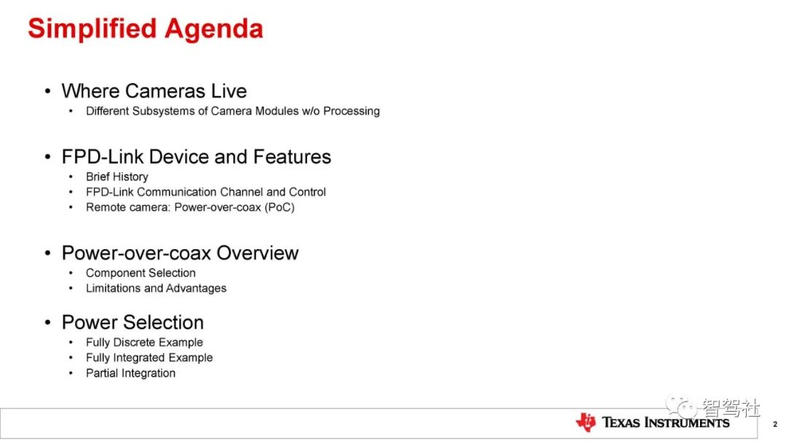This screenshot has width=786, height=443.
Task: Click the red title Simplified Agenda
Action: coord(146,29)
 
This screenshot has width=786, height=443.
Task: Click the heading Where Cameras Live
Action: coord(154,91)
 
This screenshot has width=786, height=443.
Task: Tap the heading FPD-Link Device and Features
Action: coord(196,157)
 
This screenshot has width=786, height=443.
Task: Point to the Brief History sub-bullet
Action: coord(116,176)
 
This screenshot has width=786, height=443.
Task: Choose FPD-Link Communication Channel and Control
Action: coord(205,192)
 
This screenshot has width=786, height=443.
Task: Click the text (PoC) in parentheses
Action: coord(279,207)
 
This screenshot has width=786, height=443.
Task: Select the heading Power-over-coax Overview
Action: coord(180,253)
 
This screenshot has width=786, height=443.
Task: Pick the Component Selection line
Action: coord(140,273)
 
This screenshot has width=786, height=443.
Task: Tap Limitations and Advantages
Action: coord(156,288)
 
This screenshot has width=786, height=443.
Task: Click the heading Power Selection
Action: coord(133,322)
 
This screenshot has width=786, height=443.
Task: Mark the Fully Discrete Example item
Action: coord(144,342)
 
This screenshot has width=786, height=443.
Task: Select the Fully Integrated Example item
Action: coord(149,358)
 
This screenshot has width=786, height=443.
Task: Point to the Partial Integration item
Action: coord(130,373)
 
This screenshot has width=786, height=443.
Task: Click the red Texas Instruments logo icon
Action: coord(585,423)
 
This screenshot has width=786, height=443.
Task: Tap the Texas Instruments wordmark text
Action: coord(666,423)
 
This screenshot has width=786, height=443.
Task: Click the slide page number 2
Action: coord(775,424)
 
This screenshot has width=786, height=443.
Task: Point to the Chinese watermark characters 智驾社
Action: coord(731,407)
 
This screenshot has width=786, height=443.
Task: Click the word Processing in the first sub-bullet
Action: coord(352,111)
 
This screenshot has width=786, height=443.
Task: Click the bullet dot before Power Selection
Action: coord(47,322)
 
